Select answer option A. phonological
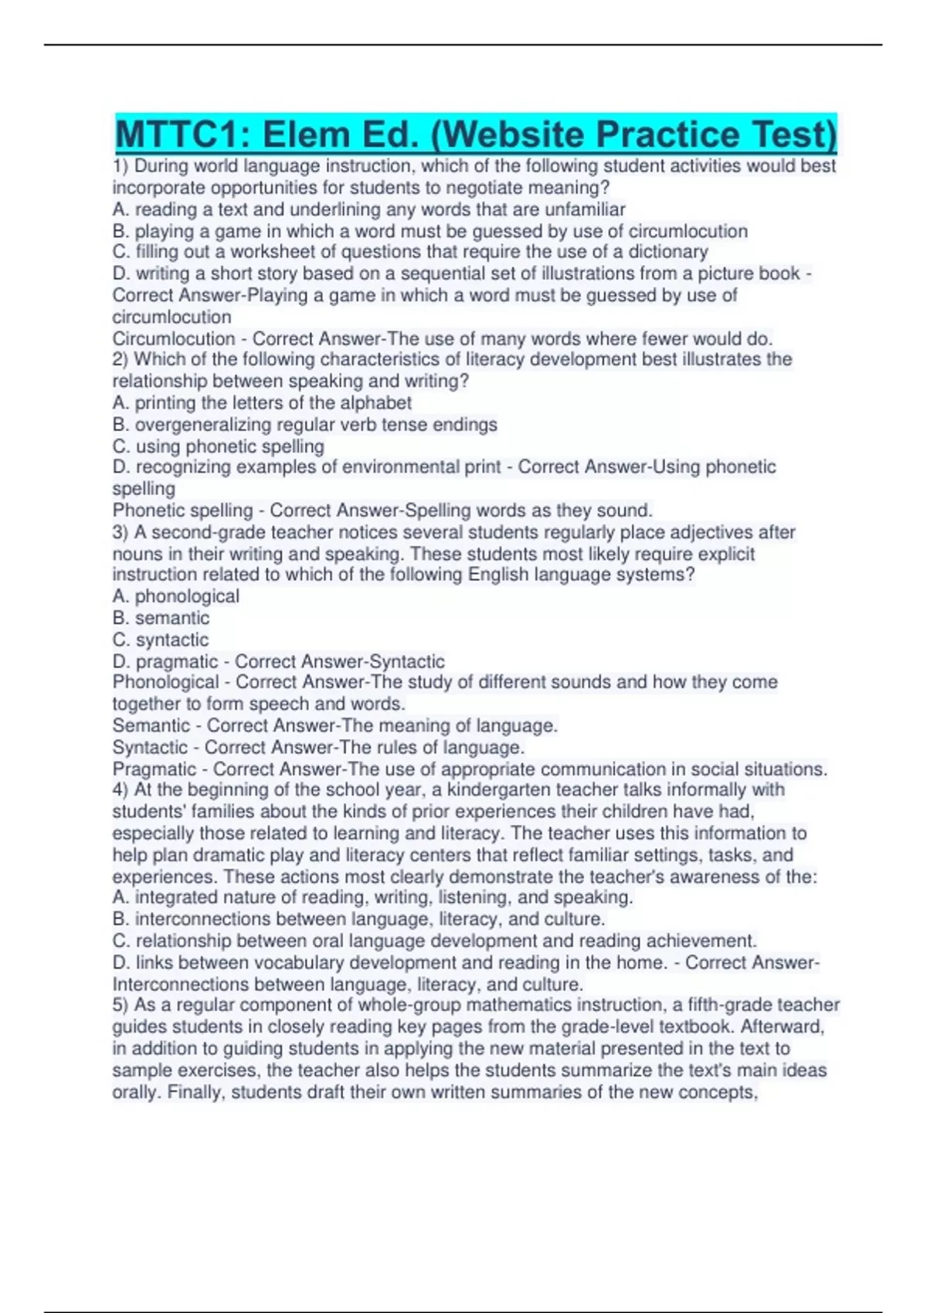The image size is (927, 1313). coord(176,596)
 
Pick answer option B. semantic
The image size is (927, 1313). coord(161,618)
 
